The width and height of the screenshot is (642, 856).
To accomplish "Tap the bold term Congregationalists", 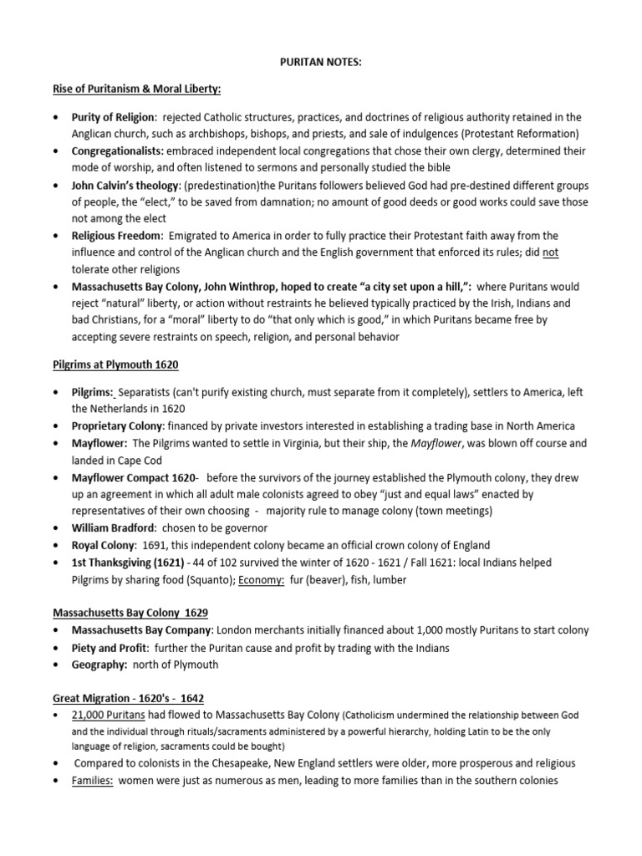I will [119, 150].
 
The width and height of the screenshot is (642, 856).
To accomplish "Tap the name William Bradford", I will [114, 528].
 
